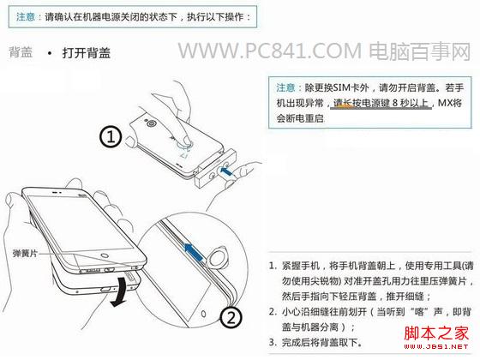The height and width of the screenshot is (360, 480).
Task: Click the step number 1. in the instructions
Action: [272, 267]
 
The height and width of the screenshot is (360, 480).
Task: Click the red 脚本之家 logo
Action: [437, 334]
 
